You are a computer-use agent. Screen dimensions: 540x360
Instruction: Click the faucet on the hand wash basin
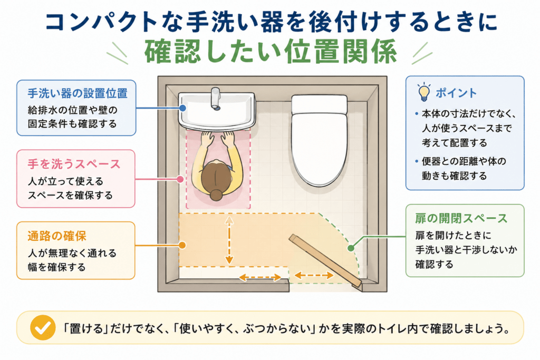click(x=216, y=99)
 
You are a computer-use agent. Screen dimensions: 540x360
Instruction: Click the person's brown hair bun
click(x=216, y=195)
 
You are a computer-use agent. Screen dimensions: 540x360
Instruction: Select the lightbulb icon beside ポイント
click(x=424, y=92)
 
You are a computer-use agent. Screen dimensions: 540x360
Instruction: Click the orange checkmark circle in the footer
click(x=43, y=328)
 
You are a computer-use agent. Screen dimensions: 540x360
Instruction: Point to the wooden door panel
click(x=325, y=260)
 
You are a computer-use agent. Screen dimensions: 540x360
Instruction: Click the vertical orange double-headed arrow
click(x=229, y=240)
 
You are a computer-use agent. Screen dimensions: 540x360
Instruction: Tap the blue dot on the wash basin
click(x=183, y=108)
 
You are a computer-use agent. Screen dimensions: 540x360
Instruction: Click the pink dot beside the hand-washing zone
click(x=180, y=179)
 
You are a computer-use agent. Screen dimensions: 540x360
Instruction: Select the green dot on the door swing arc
click(x=351, y=248)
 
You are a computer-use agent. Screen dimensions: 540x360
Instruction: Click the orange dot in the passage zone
click(x=182, y=245)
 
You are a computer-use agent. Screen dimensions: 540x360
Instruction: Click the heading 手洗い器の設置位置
click(x=78, y=93)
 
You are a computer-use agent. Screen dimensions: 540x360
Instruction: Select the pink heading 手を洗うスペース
click(x=74, y=164)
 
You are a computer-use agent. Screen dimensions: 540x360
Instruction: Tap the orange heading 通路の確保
click(x=57, y=236)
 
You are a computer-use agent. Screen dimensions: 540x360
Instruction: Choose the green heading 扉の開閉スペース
click(x=461, y=219)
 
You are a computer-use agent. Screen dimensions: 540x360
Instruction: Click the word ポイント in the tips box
click(x=456, y=93)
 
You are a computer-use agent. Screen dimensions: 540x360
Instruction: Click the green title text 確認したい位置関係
click(x=271, y=52)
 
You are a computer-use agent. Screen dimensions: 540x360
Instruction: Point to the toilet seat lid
click(x=319, y=148)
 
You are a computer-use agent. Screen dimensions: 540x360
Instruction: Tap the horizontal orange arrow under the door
click(x=314, y=275)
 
